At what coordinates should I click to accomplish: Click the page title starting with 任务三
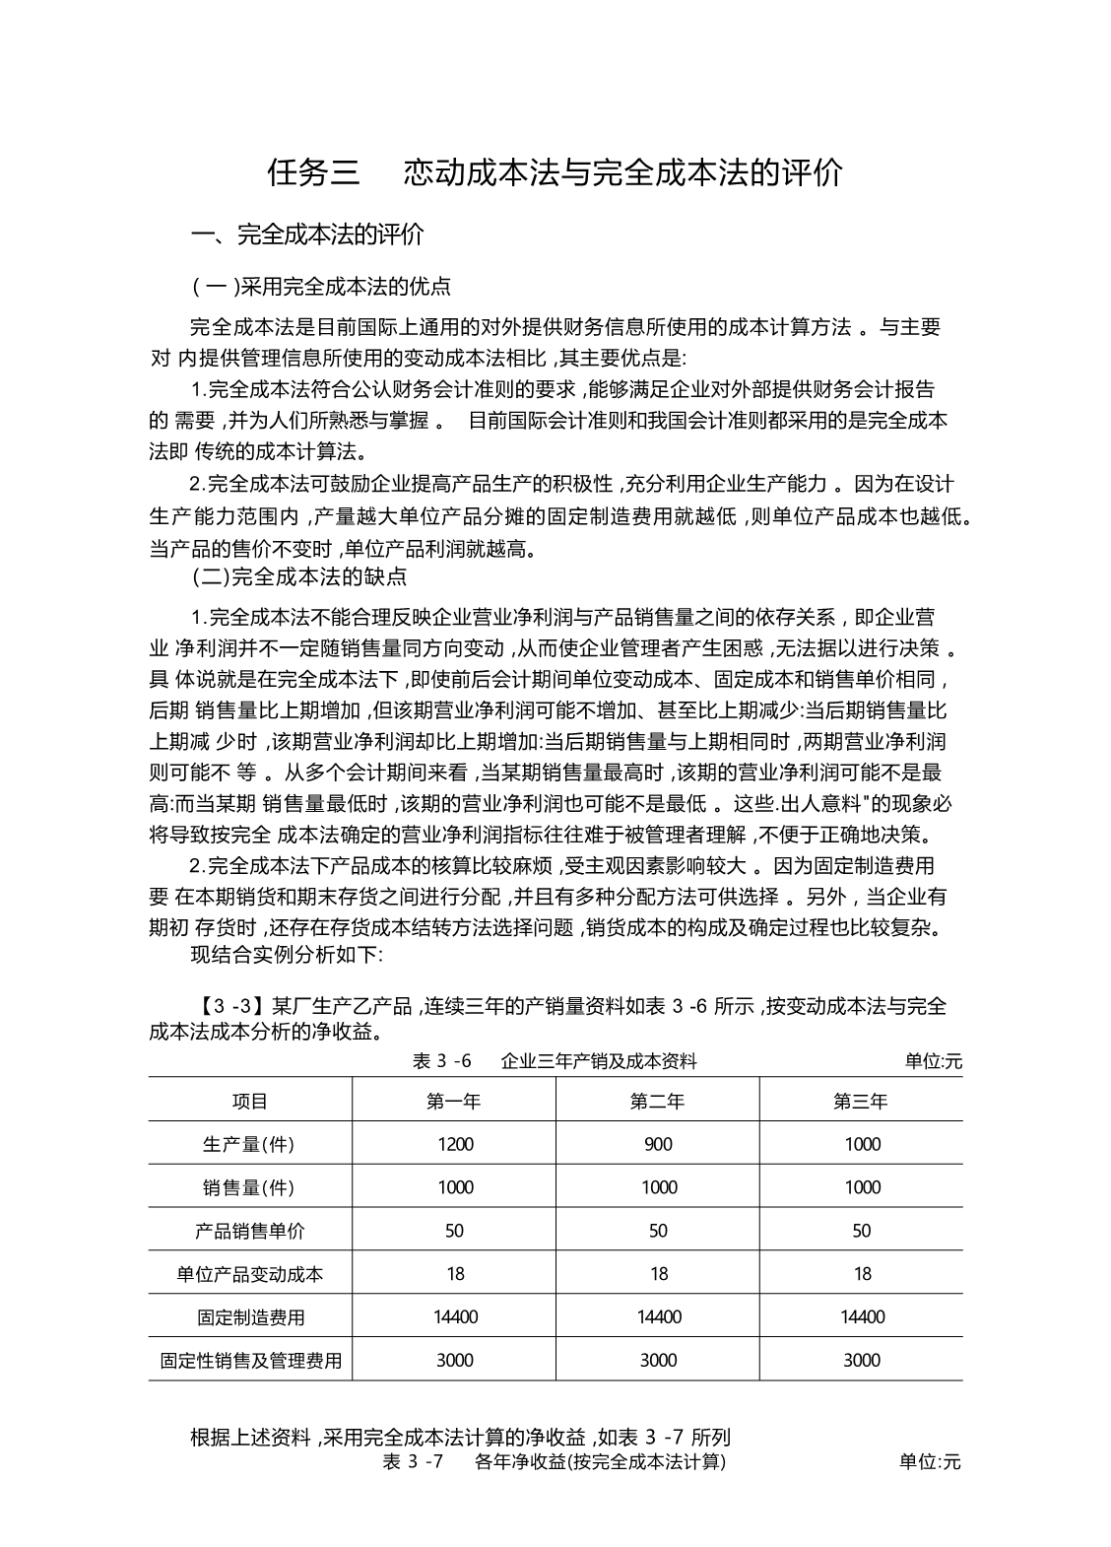pos(555,172)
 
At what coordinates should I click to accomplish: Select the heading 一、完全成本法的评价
pos(307,235)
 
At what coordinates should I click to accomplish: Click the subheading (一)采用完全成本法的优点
pos(321,287)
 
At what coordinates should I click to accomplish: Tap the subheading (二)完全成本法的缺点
pos(299,576)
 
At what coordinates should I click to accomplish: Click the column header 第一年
pos(454,1102)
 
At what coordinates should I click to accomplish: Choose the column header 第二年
pos(658,1102)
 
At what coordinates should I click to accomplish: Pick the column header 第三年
pos(861,1102)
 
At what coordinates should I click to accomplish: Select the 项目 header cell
pos(250,1102)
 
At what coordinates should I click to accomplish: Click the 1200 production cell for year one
pos(454,1144)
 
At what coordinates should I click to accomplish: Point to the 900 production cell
pos(658,1144)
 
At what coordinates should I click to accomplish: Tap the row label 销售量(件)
pos(249,1187)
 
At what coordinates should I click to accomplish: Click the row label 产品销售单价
pos(250,1231)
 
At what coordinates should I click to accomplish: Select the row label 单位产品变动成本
pos(250,1274)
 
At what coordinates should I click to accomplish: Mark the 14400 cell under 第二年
pos(658,1317)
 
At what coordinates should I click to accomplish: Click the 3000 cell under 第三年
pos(861,1361)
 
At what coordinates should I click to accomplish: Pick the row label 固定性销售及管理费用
pos(250,1361)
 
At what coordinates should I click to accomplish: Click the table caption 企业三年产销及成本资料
pos(599,1061)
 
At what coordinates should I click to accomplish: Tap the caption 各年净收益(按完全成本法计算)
pos(600,1462)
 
